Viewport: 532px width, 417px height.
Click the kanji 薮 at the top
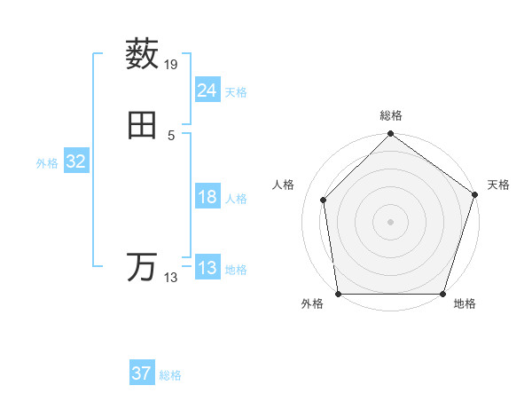coord(142,54)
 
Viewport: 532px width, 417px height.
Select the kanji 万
coord(142,267)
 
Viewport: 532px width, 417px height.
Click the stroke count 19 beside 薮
coord(172,65)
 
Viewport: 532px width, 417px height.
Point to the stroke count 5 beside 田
coord(171,135)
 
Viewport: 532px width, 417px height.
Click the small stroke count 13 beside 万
coord(171,278)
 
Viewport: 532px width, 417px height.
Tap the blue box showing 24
coord(207,90)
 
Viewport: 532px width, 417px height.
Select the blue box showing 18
coord(207,197)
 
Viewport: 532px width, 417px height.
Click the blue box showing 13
coord(207,268)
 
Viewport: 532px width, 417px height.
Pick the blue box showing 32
coord(75,161)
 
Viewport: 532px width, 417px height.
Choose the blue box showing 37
coord(141,374)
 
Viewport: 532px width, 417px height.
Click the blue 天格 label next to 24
coord(236,92)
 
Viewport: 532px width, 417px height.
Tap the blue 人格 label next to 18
coord(236,199)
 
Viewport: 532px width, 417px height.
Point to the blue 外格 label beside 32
coord(47,163)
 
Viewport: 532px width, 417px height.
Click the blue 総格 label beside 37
coord(170,375)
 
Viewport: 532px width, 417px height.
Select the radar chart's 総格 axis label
coord(391,115)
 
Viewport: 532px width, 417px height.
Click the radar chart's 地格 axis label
coord(465,304)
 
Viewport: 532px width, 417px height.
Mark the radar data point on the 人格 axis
coord(323,200)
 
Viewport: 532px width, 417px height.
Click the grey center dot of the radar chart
coord(390,222)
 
